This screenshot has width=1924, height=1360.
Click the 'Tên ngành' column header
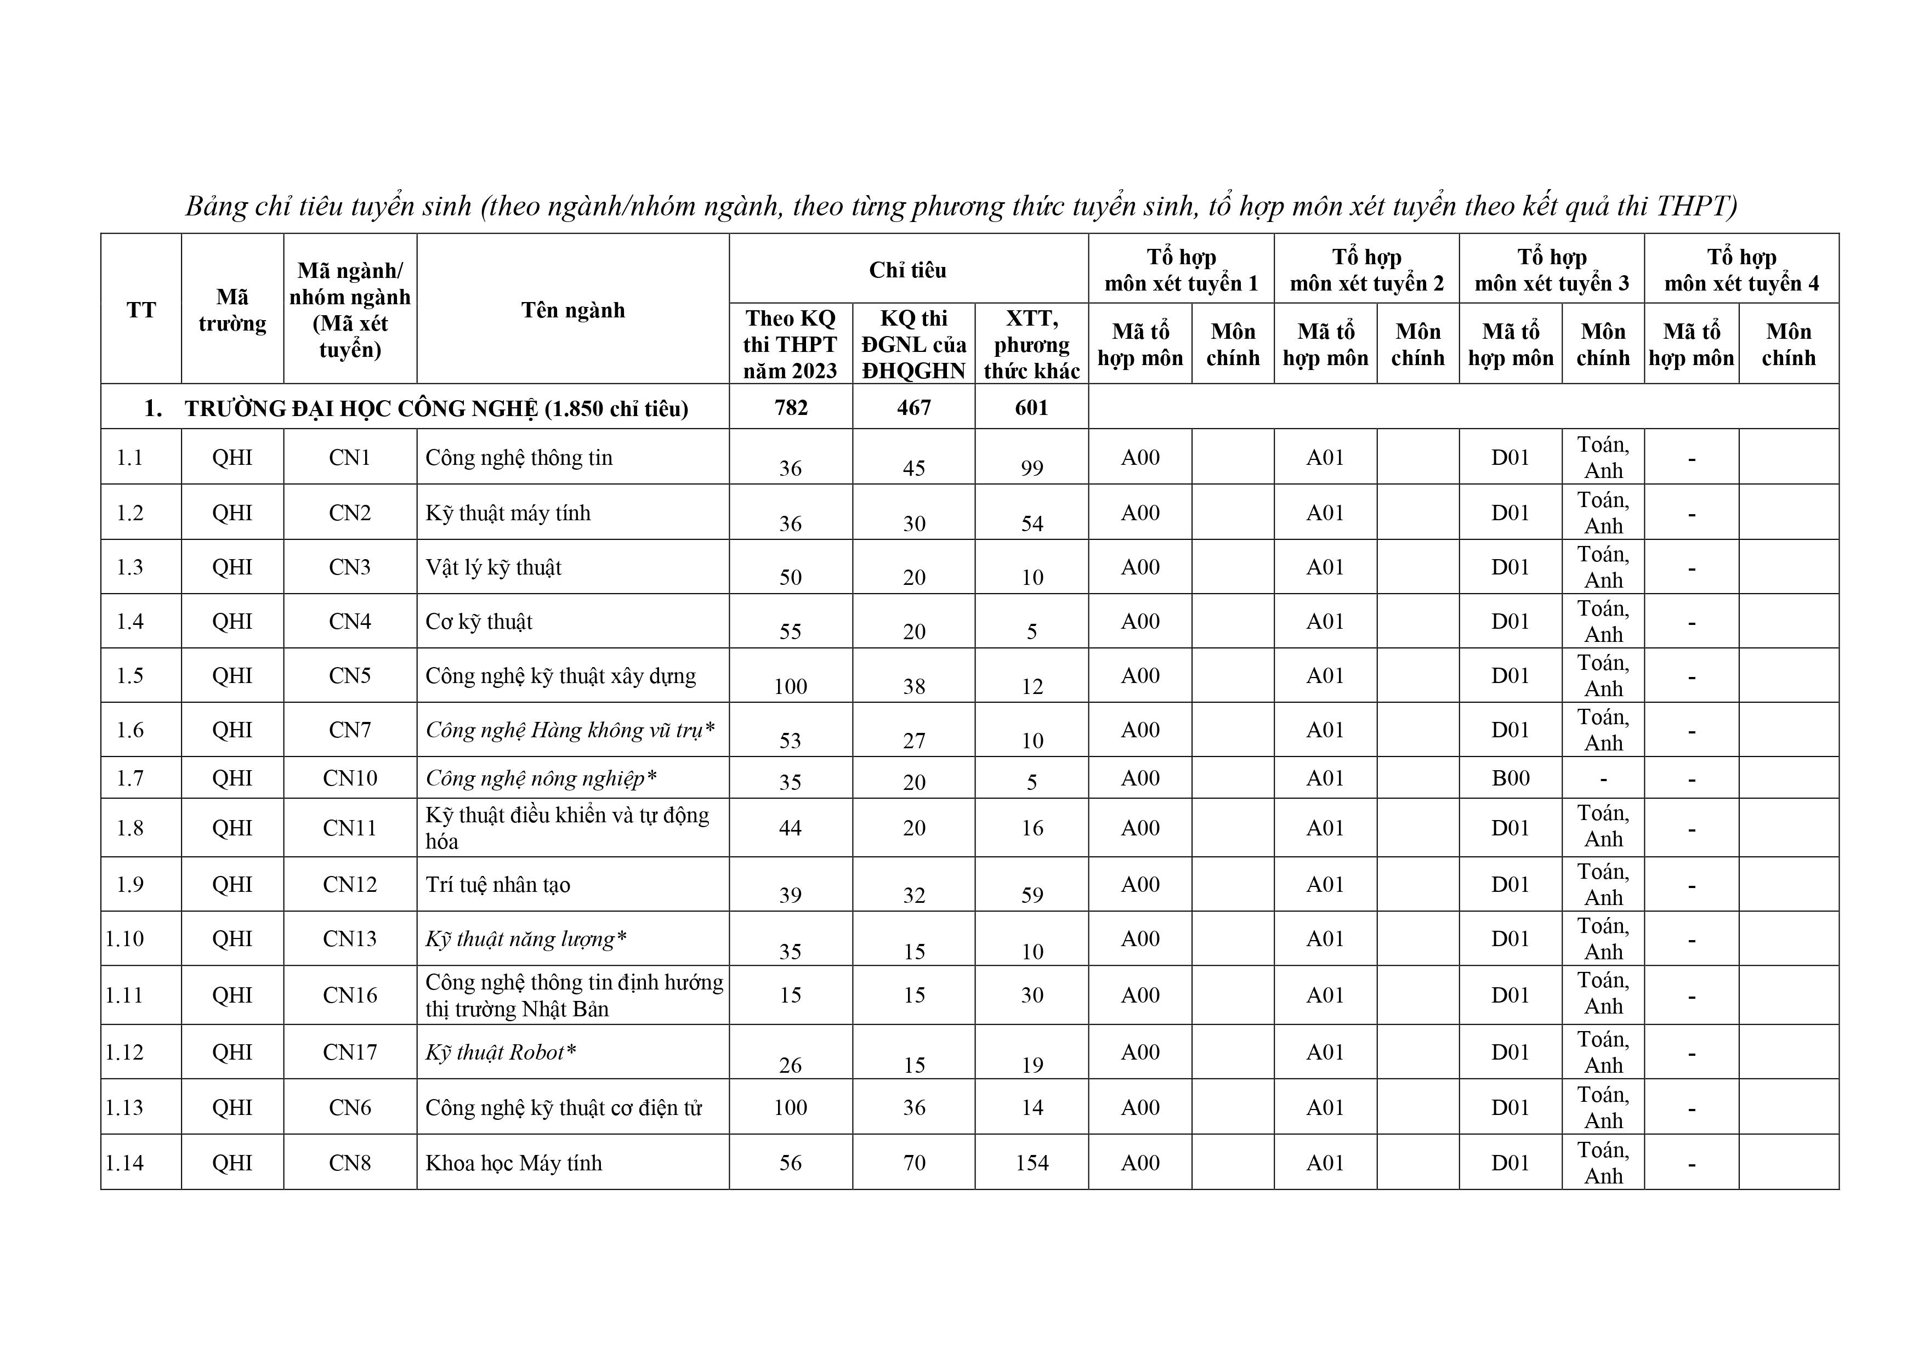click(573, 310)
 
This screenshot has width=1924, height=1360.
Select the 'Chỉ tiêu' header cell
click(907, 270)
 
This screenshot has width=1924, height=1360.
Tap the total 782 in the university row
click(790, 408)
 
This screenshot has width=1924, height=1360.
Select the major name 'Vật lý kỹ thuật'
click(493, 567)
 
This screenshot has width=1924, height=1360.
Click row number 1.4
click(130, 621)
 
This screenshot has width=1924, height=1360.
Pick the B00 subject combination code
click(1510, 778)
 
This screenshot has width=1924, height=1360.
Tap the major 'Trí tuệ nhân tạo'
click(498, 885)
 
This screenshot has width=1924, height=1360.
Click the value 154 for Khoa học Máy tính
click(1031, 1163)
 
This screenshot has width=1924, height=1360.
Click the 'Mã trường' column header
click(232, 310)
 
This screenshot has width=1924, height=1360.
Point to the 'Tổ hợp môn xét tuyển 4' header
click(1741, 270)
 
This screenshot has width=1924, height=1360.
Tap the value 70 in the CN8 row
click(913, 1163)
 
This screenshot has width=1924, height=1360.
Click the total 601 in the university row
click(1031, 408)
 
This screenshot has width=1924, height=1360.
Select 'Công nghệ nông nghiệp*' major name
click(541, 778)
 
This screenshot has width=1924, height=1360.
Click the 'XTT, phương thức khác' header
click(1031, 344)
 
